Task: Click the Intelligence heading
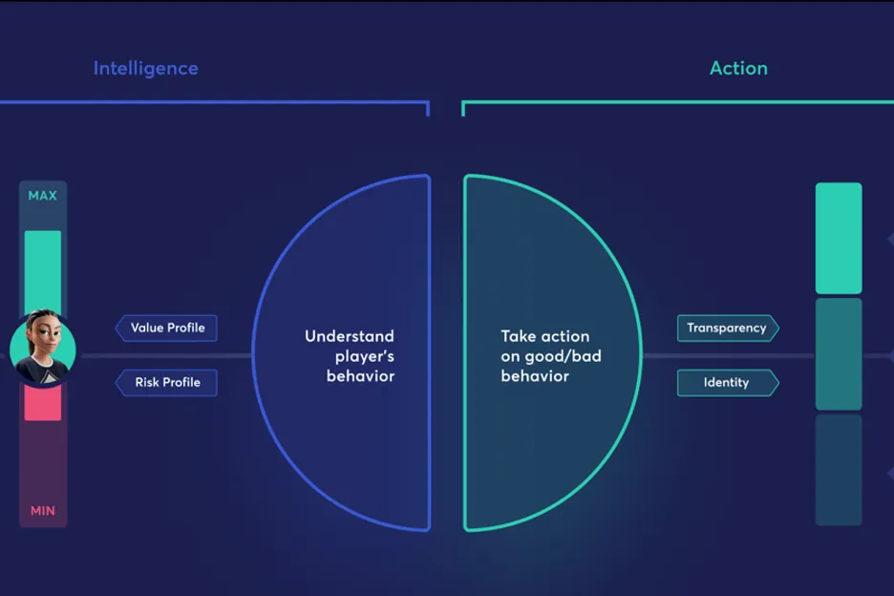(x=146, y=69)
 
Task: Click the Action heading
(x=738, y=69)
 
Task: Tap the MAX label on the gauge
(x=43, y=196)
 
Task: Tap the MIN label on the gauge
(x=43, y=510)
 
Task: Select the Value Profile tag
(x=166, y=328)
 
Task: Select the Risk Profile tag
(x=166, y=382)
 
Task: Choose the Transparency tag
(x=728, y=328)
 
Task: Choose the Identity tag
(x=728, y=382)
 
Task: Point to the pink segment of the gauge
(x=43, y=402)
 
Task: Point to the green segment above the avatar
(x=43, y=271)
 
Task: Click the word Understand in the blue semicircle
(x=349, y=336)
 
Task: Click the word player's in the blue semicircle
(x=365, y=356)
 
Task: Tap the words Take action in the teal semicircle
(x=545, y=336)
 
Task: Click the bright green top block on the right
(x=839, y=239)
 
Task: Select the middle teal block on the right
(x=839, y=354)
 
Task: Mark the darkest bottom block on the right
(x=839, y=470)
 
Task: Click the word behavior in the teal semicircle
(x=535, y=376)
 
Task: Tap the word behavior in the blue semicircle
(x=360, y=376)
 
